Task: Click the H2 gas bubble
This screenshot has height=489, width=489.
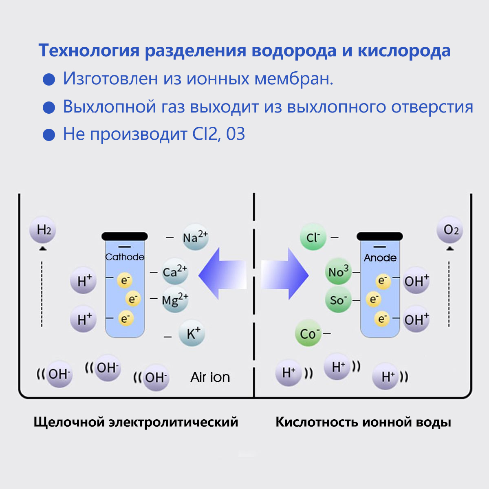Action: pyautogui.click(x=43, y=231)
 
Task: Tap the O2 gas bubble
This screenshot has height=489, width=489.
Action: pyautogui.click(x=450, y=231)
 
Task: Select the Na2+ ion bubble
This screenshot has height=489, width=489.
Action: pyautogui.click(x=195, y=237)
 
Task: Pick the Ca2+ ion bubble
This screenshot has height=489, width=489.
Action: pyautogui.click(x=175, y=272)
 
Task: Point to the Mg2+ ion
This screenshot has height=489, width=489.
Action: pyautogui.click(x=175, y=300)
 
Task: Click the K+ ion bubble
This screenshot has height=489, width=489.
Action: pyautogui.click(x=192, y=334)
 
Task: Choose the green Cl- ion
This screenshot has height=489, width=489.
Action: pyautogui.click(x=313, y=237)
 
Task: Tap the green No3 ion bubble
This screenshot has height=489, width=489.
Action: pyautogui.click(x=338, y=271)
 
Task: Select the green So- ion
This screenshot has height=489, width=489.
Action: pyautogui.click(x=338, y=300)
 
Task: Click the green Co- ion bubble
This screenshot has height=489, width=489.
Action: pyautogui.click(x=308, y=334)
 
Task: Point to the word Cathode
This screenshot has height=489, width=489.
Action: pyautogui.click(x=125, y=257)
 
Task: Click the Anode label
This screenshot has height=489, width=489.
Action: pyautogui.click(x=380, y=258)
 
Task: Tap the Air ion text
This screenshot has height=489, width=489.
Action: pyautogui.click(x=210, y=377)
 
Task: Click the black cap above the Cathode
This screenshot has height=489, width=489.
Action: pyautogui.click(x=125, y=236)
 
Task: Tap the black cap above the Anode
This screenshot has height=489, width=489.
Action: pyautogui.click(x=379, y=236)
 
